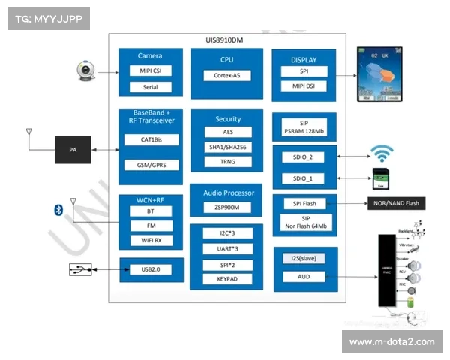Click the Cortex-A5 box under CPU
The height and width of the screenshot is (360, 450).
point(227,75)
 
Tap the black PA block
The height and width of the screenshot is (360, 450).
point(73,150)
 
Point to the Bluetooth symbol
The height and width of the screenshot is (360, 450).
point(56,208)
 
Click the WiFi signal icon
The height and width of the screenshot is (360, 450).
point(383,155)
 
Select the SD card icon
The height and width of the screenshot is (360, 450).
point(382,180)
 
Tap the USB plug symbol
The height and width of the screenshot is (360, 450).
point(79,268)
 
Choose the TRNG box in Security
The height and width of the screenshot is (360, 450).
point(227,162)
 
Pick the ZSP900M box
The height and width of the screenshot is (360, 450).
point(227,208)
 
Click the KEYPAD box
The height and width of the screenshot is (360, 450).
point(226,279)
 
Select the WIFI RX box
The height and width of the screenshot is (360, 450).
point(150,240)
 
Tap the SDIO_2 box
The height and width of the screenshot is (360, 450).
point(303,158)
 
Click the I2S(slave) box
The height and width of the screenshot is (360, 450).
point(303,259)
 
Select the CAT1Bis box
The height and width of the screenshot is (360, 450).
point(150,140)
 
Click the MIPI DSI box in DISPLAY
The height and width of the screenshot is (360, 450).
point(303,86)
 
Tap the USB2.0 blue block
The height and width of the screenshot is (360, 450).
point(151,269)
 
